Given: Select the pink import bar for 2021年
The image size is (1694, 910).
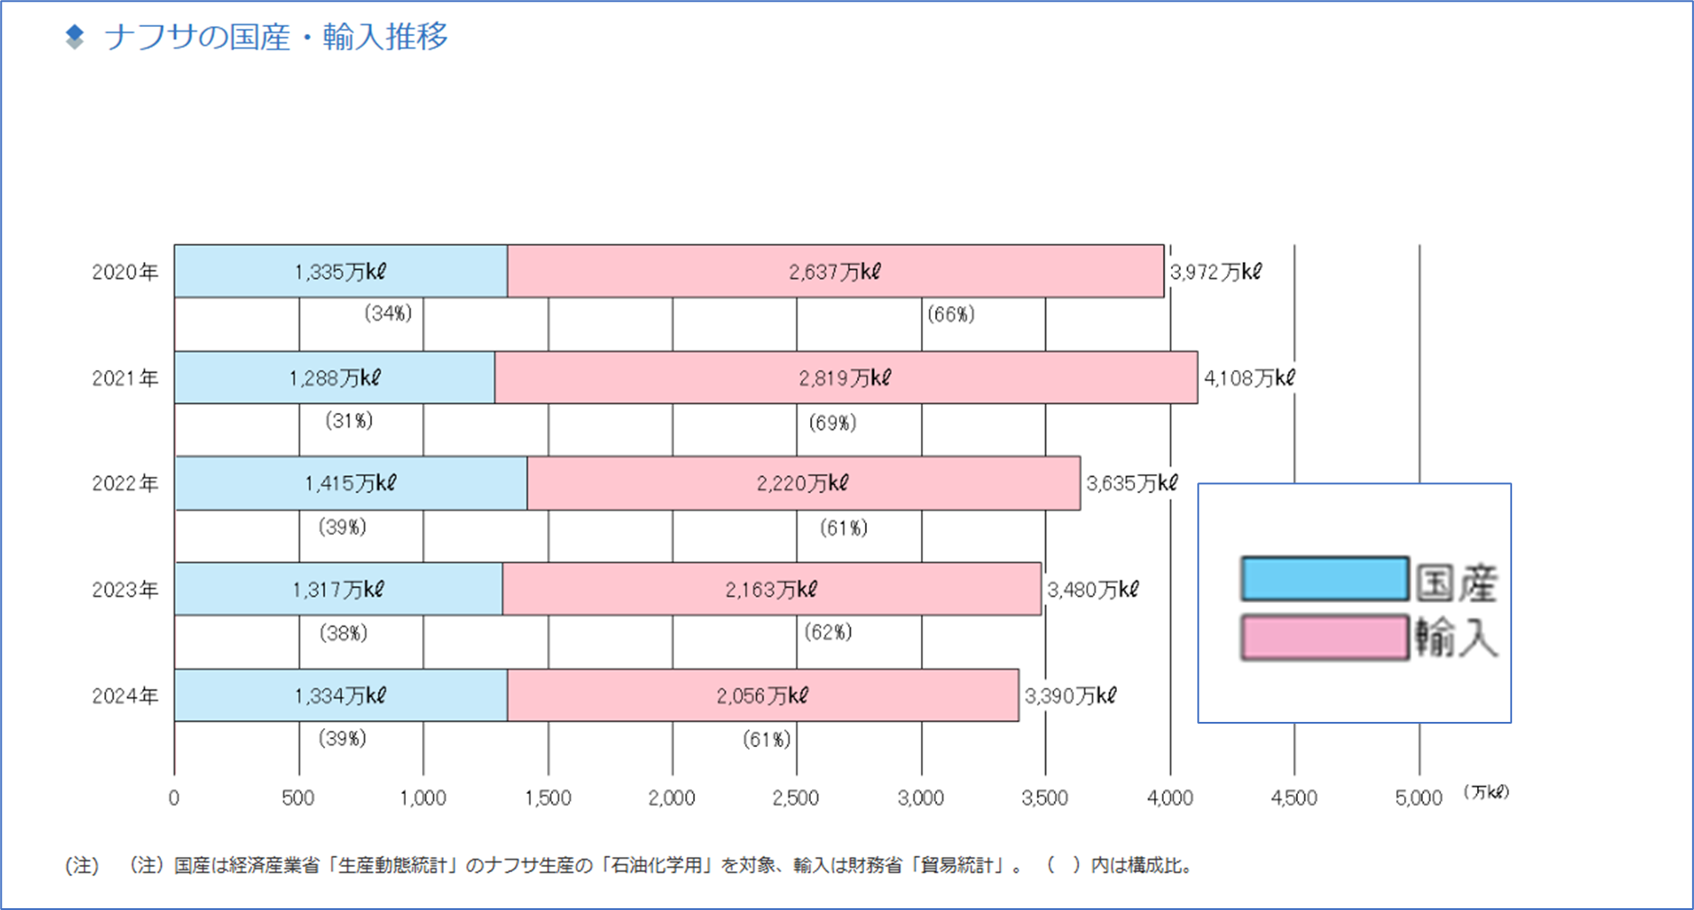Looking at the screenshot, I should [845, 377].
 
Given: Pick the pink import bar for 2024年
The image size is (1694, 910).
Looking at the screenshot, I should [762, 695].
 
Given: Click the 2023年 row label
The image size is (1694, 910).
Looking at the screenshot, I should [125, 590].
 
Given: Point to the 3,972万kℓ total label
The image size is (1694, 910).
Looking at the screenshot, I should [1215, 272].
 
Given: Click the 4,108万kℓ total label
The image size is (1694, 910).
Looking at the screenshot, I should [1249, 378].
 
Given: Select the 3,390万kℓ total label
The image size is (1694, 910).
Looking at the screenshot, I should [1070, 696].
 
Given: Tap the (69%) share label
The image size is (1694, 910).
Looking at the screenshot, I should [833, 422].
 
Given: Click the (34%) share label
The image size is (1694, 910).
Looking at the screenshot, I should [388, 313].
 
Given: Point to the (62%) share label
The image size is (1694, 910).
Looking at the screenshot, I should [828, 632].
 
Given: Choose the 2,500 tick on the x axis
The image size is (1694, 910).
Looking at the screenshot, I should [796, 798].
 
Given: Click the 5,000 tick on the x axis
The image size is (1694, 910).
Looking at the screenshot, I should [1419, 798].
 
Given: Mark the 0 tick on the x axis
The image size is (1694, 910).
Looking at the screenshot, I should [174, 798].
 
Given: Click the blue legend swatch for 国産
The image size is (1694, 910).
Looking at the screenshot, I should [1324, 579].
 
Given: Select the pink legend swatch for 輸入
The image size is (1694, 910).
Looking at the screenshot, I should [1324, 637].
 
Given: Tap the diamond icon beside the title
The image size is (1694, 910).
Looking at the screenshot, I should [75, 37].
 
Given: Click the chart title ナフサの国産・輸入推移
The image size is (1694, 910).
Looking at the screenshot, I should [276, 37].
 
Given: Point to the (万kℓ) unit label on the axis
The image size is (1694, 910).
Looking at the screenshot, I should [1485, 792].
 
